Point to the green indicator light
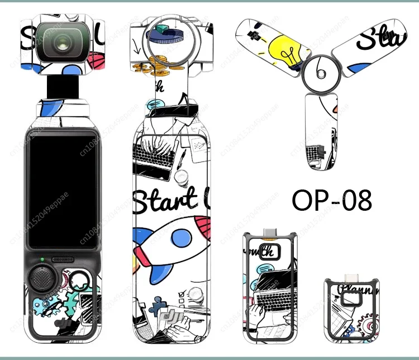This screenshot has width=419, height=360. (x=42, y=259)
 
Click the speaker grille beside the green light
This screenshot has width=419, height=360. (x=65, y=259)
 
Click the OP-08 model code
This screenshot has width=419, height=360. (x=331, y=200)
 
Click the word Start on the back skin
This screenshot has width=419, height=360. (x=165, y=200)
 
